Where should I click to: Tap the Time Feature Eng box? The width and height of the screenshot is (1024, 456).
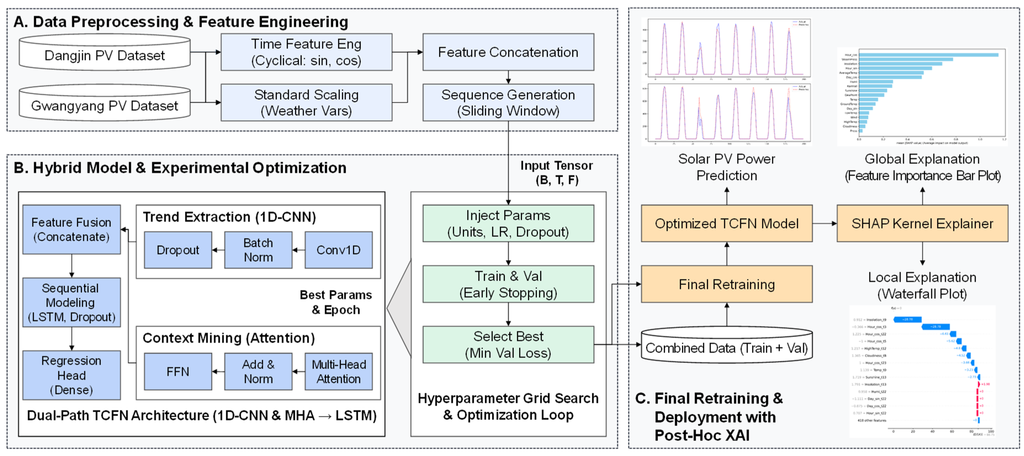[306, 52]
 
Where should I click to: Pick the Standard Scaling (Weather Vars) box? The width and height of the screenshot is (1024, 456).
[306, 103]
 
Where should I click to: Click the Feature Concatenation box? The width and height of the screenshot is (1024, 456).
[508, 52]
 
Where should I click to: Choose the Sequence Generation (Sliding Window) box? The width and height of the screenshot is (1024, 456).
[508, 103]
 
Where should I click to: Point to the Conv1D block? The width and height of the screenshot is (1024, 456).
[338, 250]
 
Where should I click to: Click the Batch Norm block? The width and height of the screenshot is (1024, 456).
[258, 250]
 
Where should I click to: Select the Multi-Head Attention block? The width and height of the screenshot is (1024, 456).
[338, 371]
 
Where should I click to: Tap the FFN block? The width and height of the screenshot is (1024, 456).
[178, 371]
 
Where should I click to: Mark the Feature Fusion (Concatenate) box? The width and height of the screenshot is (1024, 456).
[71, 229]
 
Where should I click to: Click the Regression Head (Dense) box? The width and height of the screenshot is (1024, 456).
[71, 375]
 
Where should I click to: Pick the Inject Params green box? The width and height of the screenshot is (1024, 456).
[508, 223]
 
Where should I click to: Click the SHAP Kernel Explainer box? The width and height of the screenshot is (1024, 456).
[922, 223]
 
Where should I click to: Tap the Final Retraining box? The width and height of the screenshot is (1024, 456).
[727, 284]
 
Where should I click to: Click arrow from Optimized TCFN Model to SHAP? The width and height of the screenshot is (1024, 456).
[824, 223]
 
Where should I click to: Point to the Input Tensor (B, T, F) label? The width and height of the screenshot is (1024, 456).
[556, 173]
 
